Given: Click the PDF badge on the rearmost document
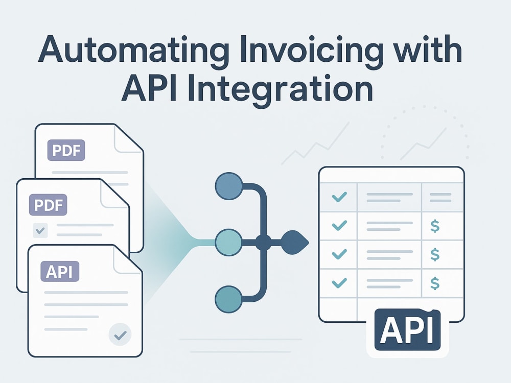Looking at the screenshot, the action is click(66, 150).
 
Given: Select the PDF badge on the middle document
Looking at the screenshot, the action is click(48, 205).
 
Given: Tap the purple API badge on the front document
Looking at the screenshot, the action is click(60, 271).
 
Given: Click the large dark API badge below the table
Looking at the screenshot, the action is click(407, 329).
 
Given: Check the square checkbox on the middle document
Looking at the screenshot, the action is click(40, 231).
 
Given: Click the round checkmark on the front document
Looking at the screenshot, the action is click(120, 334).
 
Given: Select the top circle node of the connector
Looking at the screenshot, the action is click(229, 186).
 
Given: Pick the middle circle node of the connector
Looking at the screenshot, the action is click(229, 242).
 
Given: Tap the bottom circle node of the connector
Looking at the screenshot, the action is click(229, 299).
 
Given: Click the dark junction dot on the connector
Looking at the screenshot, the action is click(263, 242).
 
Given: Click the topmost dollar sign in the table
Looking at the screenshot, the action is click(435, 226).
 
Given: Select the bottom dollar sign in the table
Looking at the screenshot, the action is click(435, 283).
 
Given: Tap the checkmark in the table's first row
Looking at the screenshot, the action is click(339, 197).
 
